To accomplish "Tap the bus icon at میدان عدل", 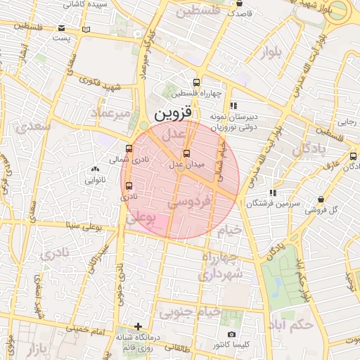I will [x=186, y=153].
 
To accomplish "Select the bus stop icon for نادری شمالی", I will [x=128, y=149].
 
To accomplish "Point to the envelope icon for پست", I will [x=86, y=30].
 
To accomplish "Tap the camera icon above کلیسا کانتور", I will [x=232, y=335].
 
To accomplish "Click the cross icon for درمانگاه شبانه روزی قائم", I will [x=139, y=327].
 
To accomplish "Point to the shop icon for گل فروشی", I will [x=321, y=199].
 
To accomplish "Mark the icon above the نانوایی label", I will [x=95, y=169].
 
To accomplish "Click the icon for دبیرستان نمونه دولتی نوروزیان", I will [x=233, y=106].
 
